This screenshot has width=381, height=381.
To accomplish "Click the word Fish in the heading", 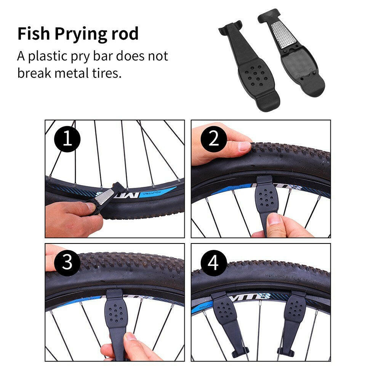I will coord(34,34).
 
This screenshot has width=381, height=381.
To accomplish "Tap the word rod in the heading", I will coord(125,34).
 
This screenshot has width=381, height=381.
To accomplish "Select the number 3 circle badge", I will coord(67,262).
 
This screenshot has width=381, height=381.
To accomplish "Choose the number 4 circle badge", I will coord(214,262).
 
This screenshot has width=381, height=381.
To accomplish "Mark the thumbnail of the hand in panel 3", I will coord(130,336).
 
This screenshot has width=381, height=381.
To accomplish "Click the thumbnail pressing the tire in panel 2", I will coord(244,146).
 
